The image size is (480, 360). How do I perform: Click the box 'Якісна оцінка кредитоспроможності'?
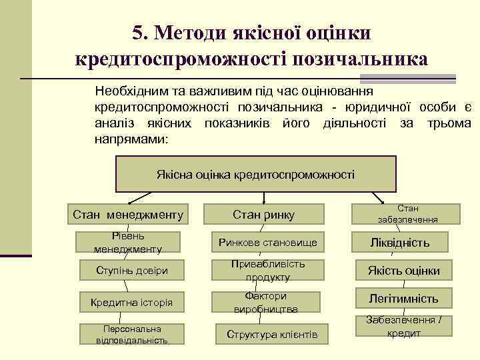click(255, 174)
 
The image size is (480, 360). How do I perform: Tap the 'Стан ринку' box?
click(264, 214)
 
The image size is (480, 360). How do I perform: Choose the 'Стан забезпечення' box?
click(407, 213)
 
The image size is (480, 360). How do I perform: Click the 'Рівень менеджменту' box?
click(129, 242)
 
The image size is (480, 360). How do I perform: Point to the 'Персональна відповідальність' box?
click(132, 334)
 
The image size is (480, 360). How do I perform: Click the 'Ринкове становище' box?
click(268, 242)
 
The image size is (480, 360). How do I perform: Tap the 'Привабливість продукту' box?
click(268, 270)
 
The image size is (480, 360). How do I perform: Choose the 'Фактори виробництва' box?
click(266, 302)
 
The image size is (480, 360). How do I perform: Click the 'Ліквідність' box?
click(400, 242)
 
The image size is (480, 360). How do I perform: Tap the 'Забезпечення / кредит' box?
click(405, 326)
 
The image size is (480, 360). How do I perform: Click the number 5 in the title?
click(138, 33)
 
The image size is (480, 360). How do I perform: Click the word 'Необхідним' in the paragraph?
click(130, 90)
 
